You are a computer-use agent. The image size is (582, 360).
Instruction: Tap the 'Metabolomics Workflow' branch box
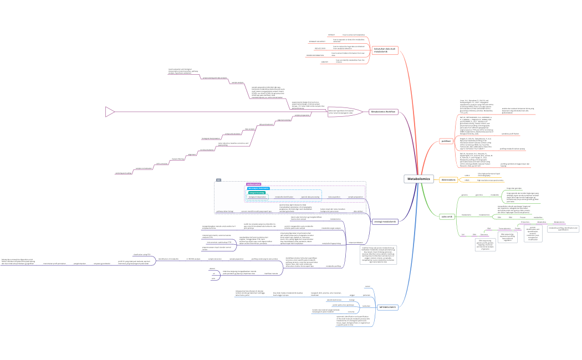(x=384, y=111)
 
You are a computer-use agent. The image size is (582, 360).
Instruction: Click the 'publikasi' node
(x=445, y=141)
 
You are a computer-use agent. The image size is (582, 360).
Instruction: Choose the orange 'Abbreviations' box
(x=448, y=179)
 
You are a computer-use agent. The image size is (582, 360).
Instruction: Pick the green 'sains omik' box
(x=447, y=216)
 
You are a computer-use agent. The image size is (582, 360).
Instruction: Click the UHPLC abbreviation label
(x=467, y=175)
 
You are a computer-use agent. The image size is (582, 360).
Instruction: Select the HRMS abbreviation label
(x=467, y=181)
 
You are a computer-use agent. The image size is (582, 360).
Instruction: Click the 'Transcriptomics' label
(x=505, y=228)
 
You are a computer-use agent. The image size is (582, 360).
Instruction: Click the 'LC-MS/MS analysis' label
(x=193, y=259)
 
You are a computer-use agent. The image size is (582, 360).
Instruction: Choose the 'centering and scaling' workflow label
(x=124, y=173)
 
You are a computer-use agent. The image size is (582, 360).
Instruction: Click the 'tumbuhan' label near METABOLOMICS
(x=366, y=305)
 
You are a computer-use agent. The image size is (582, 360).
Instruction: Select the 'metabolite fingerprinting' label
(x=332, y=243)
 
